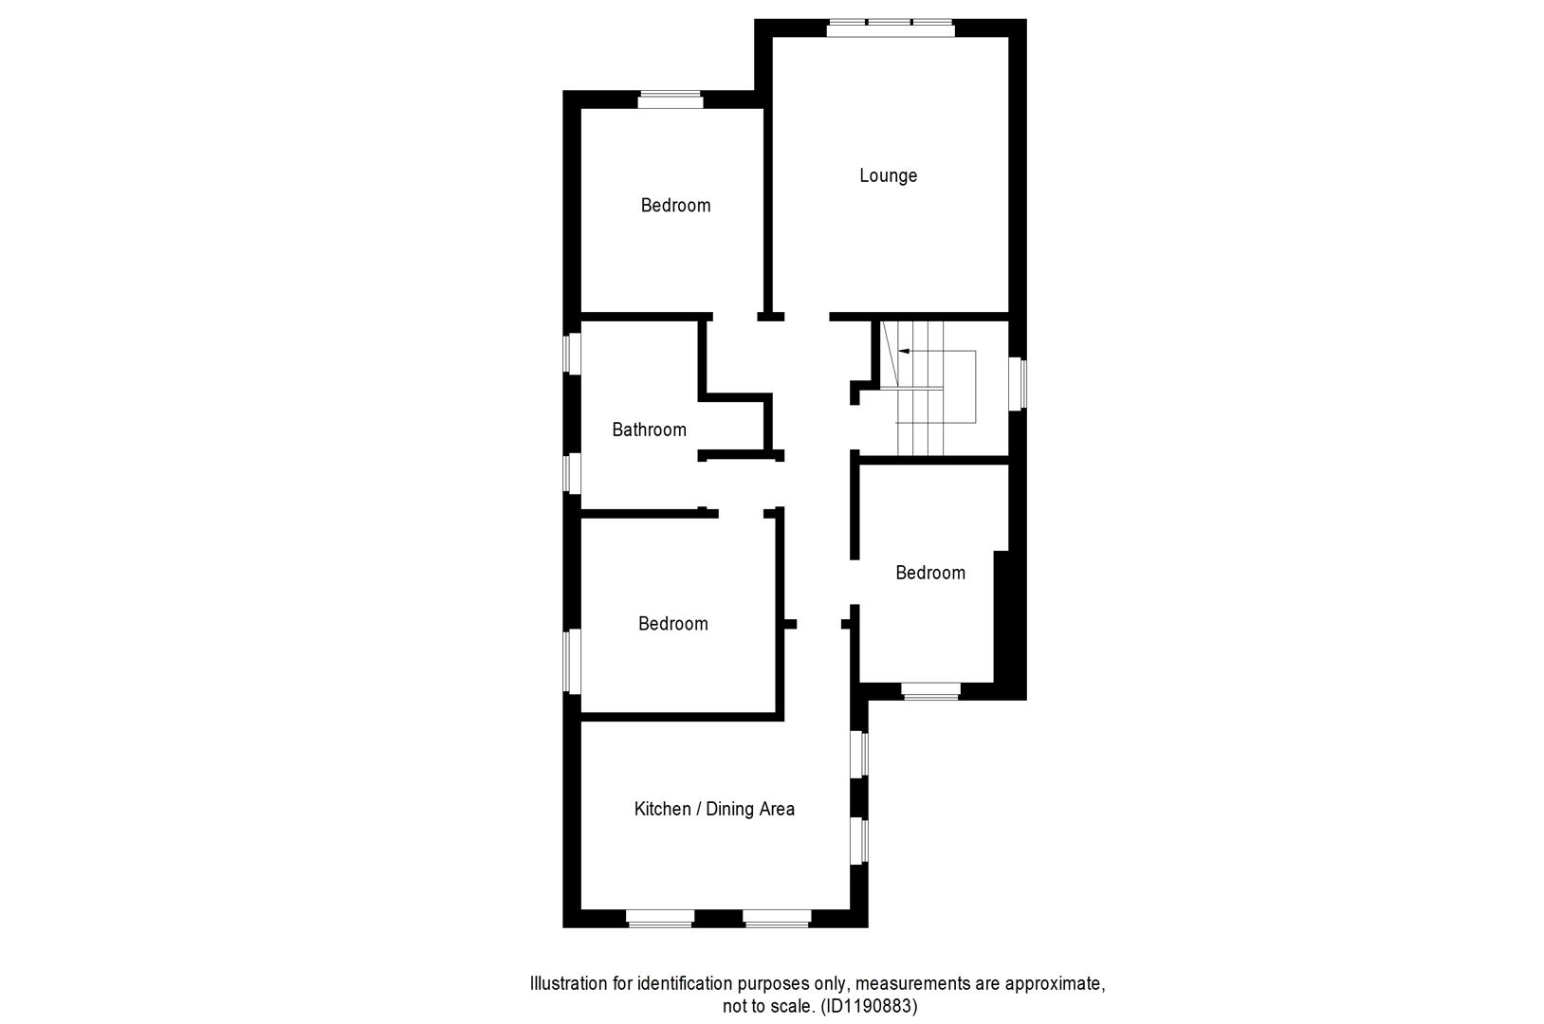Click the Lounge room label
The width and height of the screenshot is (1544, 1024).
[x=888, y=175]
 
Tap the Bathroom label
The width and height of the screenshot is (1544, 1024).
[x=649, y=430]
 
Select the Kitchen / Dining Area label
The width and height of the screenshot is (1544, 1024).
[x=714, y=809]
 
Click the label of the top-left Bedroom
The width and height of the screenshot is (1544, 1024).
[x=675, y=205]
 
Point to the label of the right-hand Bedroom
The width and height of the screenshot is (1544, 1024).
[x=929, y=573]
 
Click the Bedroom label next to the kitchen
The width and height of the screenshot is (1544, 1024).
[x=672, y=624]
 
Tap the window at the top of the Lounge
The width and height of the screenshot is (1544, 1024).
[x=890, y=28]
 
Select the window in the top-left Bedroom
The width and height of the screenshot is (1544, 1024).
[x=670, y=100]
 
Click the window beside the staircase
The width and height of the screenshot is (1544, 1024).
[x=1018, y=383]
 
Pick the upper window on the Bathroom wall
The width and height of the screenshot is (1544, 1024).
[x=572, y=354]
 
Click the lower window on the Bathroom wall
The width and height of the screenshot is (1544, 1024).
[x=572, y=473]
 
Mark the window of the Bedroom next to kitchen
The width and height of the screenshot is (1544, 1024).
[x=572, y=661]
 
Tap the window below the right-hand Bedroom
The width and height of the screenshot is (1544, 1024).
[x=930, y=691]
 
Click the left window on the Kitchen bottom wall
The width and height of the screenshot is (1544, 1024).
[x=660, y=918]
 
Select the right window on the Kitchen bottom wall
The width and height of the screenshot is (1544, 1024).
[x=777, y=918]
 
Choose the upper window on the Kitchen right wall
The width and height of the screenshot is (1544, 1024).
[x=858, y=754]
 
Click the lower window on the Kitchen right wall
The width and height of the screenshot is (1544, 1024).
[x=858, y=841]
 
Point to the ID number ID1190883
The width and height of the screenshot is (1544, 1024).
[x=868, y=1006]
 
